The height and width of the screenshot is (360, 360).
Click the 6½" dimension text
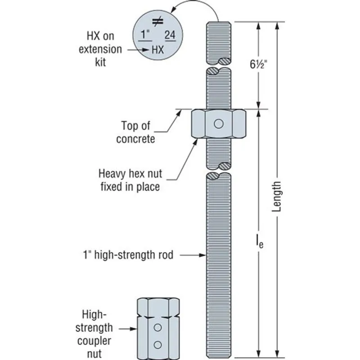258,64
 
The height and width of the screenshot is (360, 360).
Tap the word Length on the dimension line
276,197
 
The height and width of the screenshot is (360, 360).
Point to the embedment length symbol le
260,241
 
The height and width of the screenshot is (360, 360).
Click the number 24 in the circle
170,35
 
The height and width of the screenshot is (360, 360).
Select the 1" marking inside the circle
145,35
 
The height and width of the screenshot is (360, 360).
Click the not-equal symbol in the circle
158,21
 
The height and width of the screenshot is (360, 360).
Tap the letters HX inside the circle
158,50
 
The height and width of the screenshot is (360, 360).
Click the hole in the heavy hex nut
219,124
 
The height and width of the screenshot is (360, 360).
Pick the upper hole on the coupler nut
158,328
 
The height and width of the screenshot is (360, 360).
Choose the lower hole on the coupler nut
158,345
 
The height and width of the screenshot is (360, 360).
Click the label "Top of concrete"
136,132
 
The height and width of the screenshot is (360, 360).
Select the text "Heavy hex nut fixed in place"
130,180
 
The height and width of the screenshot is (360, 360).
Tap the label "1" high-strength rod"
128,255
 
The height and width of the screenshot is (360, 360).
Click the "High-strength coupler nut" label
94,334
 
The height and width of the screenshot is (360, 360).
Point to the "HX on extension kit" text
100,49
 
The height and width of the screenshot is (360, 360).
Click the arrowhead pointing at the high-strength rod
202,255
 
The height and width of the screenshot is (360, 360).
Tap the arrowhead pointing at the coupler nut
133,329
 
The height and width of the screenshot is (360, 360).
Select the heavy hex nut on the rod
219,124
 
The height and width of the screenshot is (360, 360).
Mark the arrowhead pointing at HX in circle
145,49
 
